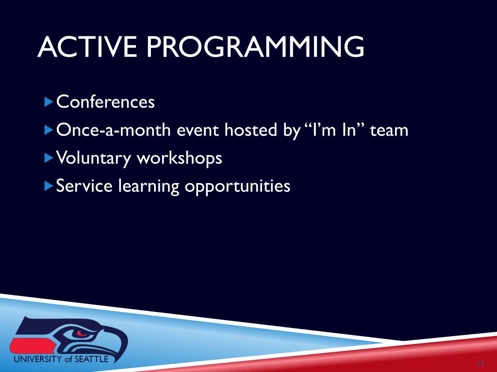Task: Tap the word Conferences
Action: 105,102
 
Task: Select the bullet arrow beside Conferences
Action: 49,102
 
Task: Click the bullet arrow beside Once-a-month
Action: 49,130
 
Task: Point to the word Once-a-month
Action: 114,130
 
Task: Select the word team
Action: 389,130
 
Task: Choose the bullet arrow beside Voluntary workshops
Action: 49,157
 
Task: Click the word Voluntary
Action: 94,158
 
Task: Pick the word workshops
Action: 180,158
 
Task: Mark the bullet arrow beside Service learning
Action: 49,186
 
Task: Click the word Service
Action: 84,186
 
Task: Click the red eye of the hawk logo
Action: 82,333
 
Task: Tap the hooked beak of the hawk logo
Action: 119,341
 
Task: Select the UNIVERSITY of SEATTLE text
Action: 61,359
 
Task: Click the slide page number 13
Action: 480,363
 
